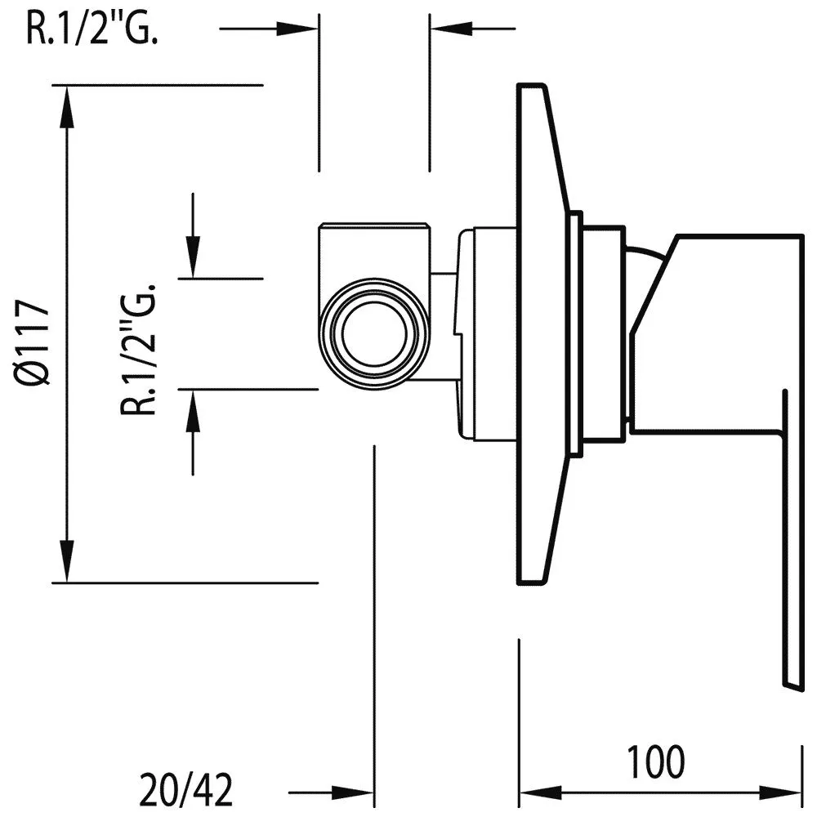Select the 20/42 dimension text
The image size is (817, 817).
pos(186,791)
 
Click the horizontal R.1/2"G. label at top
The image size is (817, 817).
pos(92,29)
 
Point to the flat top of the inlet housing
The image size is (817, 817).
pos(373,226)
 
